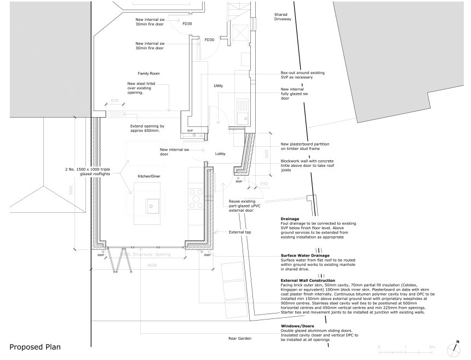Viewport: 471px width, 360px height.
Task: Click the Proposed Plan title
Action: tap(35, 346)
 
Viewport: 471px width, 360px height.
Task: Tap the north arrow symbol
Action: tap(454, 348)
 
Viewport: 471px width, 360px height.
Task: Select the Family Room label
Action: tap(148, 73)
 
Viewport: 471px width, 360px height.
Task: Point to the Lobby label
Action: tap(220, 154)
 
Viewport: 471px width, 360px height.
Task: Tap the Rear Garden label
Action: tap(240, 339)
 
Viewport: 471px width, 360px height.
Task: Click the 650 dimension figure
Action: tap(114, 101)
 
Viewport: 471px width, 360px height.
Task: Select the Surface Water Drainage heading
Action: tap(305, 256)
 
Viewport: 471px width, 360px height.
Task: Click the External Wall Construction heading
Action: tap(307, 280)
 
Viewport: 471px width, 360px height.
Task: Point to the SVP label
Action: tap(190, 131)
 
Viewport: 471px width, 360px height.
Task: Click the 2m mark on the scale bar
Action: tap(432, 347)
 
